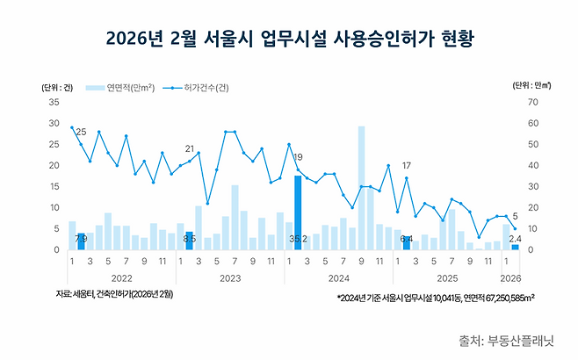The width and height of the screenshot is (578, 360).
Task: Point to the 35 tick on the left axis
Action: (54, 102)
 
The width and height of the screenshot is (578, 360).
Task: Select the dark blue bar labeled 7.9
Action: (81, 241)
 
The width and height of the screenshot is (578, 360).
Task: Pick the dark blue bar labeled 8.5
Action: (189, 241)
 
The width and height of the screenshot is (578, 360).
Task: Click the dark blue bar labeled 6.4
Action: (407, 242)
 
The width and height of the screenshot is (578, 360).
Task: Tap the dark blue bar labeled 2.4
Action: (515, 247)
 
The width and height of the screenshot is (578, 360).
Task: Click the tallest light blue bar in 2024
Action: (361, 188)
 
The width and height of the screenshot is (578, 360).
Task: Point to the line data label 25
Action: (81, 132)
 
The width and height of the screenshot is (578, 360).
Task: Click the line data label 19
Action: (298, 157)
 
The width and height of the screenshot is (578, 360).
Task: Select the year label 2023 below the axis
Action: (230, 277)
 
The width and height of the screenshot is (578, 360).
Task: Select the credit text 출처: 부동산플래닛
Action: (513, 339)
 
